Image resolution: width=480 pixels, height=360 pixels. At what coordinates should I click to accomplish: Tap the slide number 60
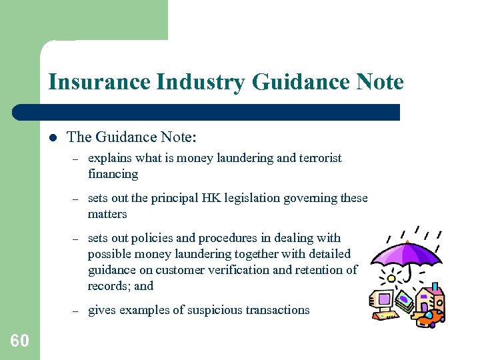point(20,341)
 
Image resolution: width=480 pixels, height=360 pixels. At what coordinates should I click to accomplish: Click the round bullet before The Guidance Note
point(51,138)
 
